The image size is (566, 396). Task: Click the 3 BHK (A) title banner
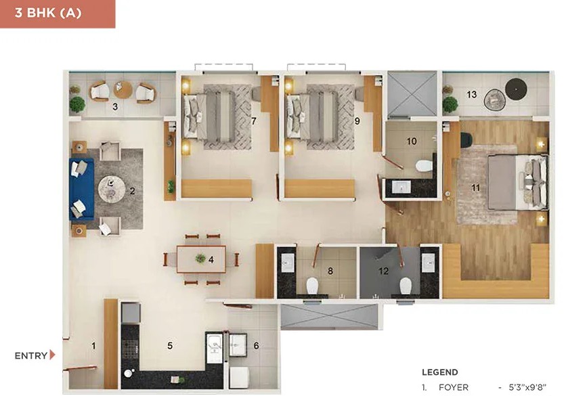coord(58,14)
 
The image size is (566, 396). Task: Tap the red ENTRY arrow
coord(52,355)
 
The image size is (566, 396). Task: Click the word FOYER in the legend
coord(454,388)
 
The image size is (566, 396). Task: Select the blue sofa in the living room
coord(81,189)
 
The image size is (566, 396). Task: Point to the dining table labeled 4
coord(201,259)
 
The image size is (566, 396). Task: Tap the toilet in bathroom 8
coord(312,286)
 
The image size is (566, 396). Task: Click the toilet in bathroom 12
coord(406,286)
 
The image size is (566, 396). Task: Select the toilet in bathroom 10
coord(424,166)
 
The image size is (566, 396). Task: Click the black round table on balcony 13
coord(516,89)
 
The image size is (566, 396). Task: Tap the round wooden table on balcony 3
coord(123,90)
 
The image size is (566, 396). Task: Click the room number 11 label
coord(475,188)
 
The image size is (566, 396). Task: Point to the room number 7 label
coord(254,121)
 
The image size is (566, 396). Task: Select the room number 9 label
coord(357,121)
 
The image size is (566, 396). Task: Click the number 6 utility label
coord(256,346)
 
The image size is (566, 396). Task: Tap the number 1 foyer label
coord(93,346)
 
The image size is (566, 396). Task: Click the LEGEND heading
coord(439,372)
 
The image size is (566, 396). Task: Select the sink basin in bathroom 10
coord(401,187)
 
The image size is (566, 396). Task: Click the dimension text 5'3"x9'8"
coord(527,388)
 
